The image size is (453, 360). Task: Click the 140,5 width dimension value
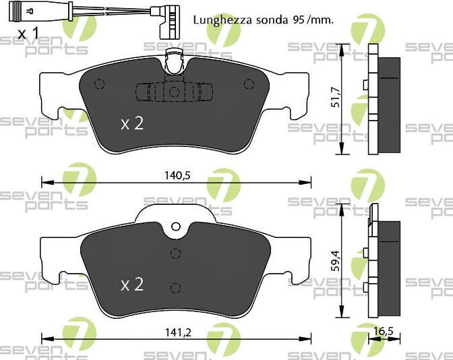pos(177,175)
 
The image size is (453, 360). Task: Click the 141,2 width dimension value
pos(177,331)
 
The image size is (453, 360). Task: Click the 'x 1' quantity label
pos(28,33)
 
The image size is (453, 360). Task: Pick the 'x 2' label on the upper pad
pos(132,123)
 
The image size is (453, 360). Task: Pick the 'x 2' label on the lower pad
pos(132,284)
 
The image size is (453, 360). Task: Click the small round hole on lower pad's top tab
pos(176,227)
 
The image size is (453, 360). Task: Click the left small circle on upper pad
pos(100,84)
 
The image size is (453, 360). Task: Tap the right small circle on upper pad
pos(249,84)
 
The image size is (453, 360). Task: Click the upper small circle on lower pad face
pos(175,253)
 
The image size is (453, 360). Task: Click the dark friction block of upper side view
pos(388,104)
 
